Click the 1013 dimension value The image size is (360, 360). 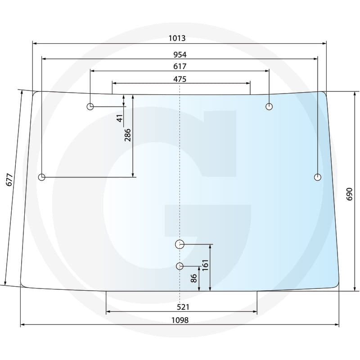pyautogui.click(x=177, y=38)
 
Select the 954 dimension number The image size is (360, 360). pyautogui.click(x=180, y=54)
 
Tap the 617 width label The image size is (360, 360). pyautogui.click(x=180, y=66)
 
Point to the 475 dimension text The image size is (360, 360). pyautogui.click(x=180, y=79)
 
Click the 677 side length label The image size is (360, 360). pyautogui.click(x=9, y=180)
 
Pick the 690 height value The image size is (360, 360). pyautogui.click(x=349, y=194)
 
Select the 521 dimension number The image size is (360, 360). pyautogui.click(x=183, y=307)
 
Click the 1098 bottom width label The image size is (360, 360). pyautogui.click(x=180, y=320)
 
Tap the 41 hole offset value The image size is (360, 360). pyautogui.click(x=120, y=118)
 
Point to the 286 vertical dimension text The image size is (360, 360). pyautogui.click(x=127, y=135)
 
